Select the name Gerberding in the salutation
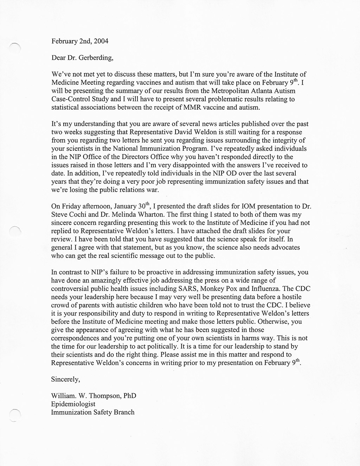tap(95, 58)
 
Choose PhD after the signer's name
tap(129, 396)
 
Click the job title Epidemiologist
tap(73, 404)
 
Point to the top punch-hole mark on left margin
tap(15, 46)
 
